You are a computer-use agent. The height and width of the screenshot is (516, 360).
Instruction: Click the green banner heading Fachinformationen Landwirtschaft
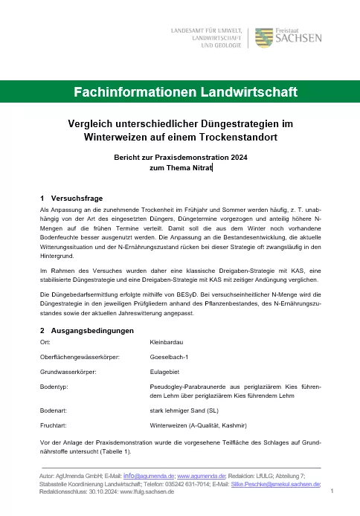pos(180,92)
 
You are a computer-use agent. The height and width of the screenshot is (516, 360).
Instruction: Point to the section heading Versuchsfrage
pos(77,199)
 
